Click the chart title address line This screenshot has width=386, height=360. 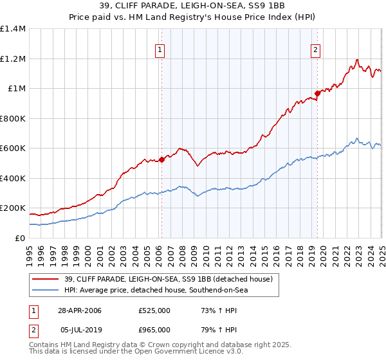tap(193, 6)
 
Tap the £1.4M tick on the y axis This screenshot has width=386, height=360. tap(13, 29)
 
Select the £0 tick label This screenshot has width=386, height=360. tap(19, 238)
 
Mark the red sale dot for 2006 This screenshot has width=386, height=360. tap(161, 160)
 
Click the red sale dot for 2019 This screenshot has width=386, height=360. tap(318, 94)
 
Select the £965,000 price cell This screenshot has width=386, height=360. tap(154, 330)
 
